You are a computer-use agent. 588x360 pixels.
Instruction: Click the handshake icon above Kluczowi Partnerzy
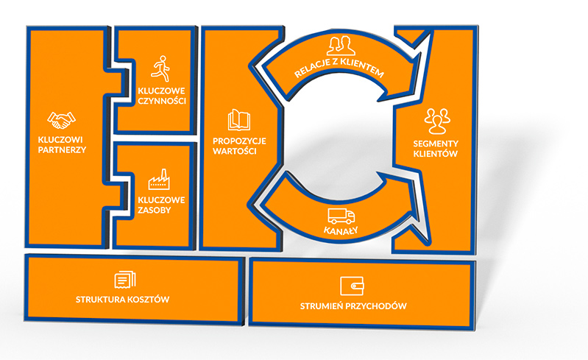pyautogui.click(x=62, y=120)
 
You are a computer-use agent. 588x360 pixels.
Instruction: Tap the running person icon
pyautogui.click(x=161, y=68)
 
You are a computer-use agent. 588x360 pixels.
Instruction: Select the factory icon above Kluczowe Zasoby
pyautogui.click(x=159, y=180)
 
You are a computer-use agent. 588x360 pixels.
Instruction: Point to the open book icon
pyautogui.click(x=239, y=120)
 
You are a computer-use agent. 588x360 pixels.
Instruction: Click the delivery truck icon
pyautogui.click(x=341, y=216)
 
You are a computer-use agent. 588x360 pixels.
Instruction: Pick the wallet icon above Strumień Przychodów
pyautogui.click(x=352, y=286)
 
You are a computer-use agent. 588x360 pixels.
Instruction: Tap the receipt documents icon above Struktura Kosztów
pyautogui.click(x=125, y=280)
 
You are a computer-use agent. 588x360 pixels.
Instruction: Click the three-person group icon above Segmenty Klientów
pyautogui.click(x=437, y=121)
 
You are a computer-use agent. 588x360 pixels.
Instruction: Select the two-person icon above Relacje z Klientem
pyautogui.click(x=341, y=46)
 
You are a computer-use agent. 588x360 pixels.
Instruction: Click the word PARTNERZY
pyautogui.click(x=63, y=150)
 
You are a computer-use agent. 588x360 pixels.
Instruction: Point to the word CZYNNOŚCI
pyautogui.click(x=162, y=102)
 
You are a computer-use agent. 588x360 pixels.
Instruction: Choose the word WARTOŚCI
pyautogui.click(x=235, y=152)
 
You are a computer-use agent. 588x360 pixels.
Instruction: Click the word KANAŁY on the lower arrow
pyautogui.click(x=341, y=230)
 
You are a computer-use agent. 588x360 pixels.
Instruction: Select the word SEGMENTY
pyautogui.click(x=436, y=144)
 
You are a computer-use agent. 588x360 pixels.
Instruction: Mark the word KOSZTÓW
pyautogui.click(x=149, y=299)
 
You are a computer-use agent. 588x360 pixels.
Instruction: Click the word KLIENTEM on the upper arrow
pyautogui.click(x=363, y=67)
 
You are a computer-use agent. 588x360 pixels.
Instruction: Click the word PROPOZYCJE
pyautogui.click(x=240, y=141)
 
